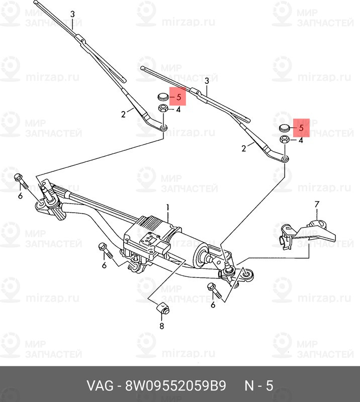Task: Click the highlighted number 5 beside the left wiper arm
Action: pyautogui.click(x=178, y=97)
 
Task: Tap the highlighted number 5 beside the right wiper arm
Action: pyautogui.click(x=301, y=128)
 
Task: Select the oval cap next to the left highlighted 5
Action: pyautogui.click(x=162, y=96)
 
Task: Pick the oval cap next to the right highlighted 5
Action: pyautogui.click(x=285, y=128)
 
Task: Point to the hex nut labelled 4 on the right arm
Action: pyautogui.click(x=285, y=140)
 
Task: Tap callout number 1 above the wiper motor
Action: pyautogui.click(x=168, y=207)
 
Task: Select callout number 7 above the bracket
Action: pyautogui.click(x=317, y=204)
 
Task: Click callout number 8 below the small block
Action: pyautogui.click(x=161, y=326)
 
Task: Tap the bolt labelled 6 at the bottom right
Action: pyautogui.click(x=211, y=290)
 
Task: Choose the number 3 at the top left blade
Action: pyautogui.click(x=72, y=14)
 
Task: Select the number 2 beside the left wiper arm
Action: pyautogui.click(x=123, y=115)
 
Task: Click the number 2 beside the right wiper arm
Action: pyautogui.click(x=244, y=148)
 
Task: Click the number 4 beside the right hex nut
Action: pyautogui.click(x=301, y=141)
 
